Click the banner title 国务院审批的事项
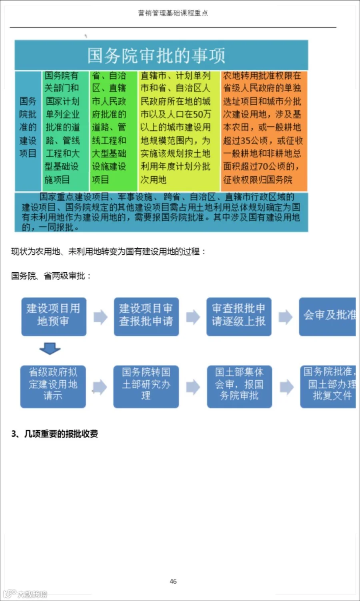(x=156, y=56)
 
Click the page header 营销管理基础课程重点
(x=173, y=13)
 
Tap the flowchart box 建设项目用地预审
(x=54, y=316)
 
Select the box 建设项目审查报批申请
(x=146, y=316)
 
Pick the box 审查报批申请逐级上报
(x=239, y=316)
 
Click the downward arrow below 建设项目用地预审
(x=50, y=349)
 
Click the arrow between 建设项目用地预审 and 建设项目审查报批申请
(x=100, y=317)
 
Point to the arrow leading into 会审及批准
(x=285, y=317)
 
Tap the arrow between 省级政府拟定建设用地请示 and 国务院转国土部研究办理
(x=100, y=387)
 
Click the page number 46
(x=173, y=581)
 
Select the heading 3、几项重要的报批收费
(x=54, y=434)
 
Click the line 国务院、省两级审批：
(x=51, y=276)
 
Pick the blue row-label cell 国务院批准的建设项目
(x=28, y=128)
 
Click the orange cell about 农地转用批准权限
(x=263, y=128)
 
